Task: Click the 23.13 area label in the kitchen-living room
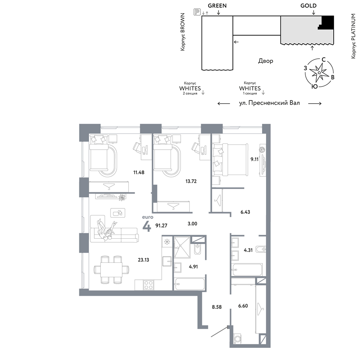click(x=144, y=260)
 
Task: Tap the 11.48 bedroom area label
click(x=139, y=172)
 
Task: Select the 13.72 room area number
click(x=191, y=181)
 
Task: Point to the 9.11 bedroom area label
click(x=255, y=159)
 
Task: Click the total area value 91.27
click(x=161, y=225)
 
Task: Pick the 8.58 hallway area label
click(x=217, y=307)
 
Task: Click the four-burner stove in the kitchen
click(x=148, y=285)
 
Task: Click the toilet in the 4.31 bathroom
click(x=261, y=249)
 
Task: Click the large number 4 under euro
click(x=147, y=226)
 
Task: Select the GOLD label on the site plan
click(x=309, y=5)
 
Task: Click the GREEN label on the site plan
click(x=217, y=5)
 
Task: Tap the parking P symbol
click(x=197, y=12)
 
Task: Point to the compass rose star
click(x=319, y=73)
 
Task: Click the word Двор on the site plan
click(x=266, y=61)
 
